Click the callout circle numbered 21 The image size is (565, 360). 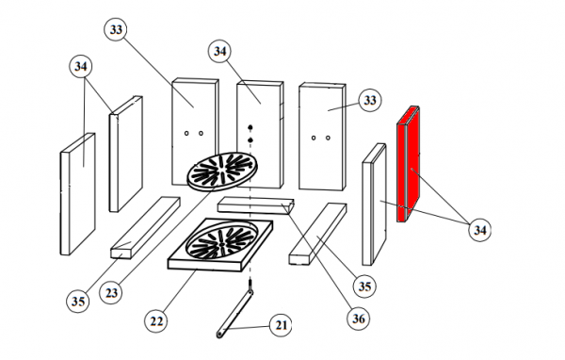click(x=281, y=325)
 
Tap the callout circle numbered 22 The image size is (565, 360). click(x=156, y=320)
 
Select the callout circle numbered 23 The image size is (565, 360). click(x=111, y=292)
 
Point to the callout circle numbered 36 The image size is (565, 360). click(x=359, y=319)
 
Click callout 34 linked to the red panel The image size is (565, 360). click(x=479, y=229)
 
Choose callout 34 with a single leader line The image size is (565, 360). click(x=219, y=51)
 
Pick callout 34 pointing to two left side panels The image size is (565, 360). click(x=81, y=66)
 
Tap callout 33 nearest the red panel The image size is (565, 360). click(x=370, y=100)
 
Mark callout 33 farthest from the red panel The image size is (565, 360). click(x=116, y=29)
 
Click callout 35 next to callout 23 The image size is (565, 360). click(x=78, y=301)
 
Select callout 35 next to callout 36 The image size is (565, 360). click(x=364, y=286)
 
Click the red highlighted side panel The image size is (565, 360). click(x=409, y=164)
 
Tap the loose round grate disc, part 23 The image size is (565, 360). click(x=222, y=171)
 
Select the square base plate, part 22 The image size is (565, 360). click(x=220, y=245)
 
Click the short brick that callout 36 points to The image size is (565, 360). click(x=256, y=205)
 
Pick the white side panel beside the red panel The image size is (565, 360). click(x=374, y=205)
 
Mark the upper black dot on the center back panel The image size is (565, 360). click(x=250, y=127)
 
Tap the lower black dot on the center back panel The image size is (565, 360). click(x=250, y=140)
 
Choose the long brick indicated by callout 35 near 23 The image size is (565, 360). click(x=145, y=228)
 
